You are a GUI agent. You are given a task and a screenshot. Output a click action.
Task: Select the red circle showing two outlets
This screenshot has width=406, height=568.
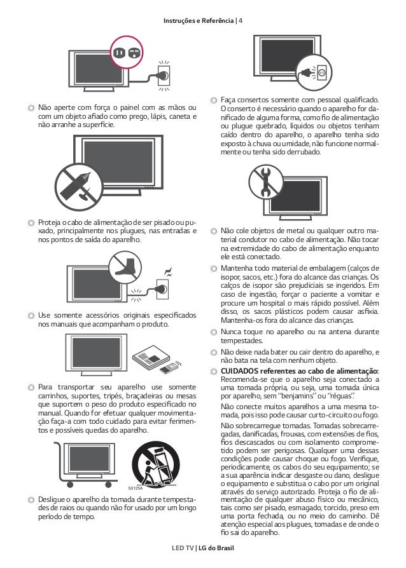(x=126, y=54)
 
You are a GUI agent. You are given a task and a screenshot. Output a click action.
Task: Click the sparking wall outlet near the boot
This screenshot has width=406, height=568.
(x=162, y=290)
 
